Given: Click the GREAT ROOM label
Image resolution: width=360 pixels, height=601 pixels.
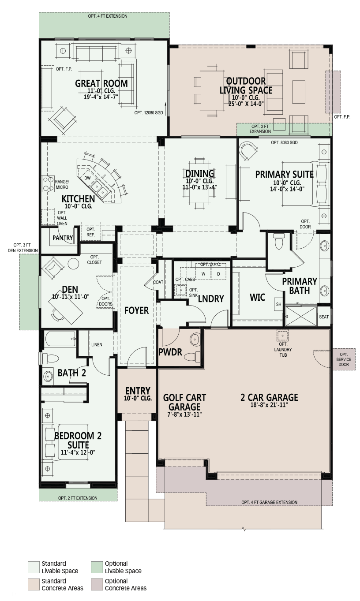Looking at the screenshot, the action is click(x=101, y=83).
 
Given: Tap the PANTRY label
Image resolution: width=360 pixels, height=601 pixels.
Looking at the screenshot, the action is click(x=63, y=238).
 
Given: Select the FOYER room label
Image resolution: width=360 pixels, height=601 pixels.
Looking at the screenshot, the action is click(x=136, y=310).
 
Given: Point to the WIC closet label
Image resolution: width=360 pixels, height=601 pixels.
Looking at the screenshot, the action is click(x=257, y=297).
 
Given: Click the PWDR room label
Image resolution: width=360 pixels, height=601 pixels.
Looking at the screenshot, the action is click(x=170, y=352).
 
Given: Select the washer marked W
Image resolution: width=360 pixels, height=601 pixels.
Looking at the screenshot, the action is click(x=203, y=273).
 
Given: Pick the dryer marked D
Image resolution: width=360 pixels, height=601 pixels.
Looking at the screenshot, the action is click(x=218, y=273).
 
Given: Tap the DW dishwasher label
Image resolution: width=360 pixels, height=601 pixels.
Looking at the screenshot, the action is click(x=87, y=178).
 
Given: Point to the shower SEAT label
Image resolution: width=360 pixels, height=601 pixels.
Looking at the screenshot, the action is click(x=324, y=317).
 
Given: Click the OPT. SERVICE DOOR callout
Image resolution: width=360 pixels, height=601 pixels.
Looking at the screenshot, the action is click(x=344, y=359).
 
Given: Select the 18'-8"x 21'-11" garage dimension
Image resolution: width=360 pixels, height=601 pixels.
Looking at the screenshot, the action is click(x=269, y=405).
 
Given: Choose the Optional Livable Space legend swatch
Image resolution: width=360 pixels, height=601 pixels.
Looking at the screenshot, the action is click(x=97, y=567).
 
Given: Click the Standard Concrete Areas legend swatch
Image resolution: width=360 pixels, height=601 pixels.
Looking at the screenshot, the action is click(x=34, y=585).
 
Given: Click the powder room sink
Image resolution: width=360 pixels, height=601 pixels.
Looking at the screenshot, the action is click(x=195, y=340).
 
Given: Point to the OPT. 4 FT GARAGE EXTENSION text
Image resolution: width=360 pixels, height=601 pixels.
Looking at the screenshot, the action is click(x=269, y=502).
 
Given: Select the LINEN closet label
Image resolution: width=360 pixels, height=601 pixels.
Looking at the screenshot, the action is click(x=97, y=344).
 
